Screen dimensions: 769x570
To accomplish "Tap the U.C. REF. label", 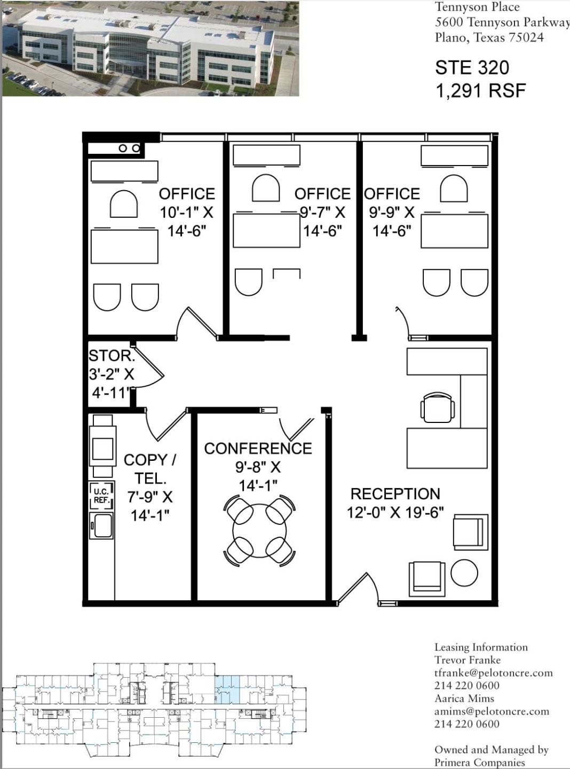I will click(x=101, y=496).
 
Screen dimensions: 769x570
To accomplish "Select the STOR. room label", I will click(x=111, y=356).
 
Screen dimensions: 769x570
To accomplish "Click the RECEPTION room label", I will click(x=395, y=493).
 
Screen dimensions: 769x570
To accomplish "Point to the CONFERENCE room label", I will click(x=258, y=449).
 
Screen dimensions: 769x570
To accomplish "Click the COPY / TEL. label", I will click(x=150, y=469).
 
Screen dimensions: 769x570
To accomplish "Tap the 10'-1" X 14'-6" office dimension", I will click(x=186, y=222).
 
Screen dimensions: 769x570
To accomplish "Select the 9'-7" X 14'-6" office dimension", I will click(x=322, y=222).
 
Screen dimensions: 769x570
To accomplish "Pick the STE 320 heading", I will click(x=472, y=68).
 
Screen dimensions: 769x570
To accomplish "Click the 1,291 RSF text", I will click(x=480, y=91).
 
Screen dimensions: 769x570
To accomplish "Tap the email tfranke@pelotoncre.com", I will click(x=493, y=673).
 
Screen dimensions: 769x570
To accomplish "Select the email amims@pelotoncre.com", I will click(x=491, y=711).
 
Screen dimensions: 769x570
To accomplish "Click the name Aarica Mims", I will click(x=464, y=699).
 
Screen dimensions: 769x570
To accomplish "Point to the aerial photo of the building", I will click(x=151, y=48).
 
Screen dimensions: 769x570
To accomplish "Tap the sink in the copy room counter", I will click(x=101, y=525).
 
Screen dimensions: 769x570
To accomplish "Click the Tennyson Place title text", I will click(x=477, y=7).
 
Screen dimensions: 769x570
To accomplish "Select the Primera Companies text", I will click(x=479, y=763).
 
